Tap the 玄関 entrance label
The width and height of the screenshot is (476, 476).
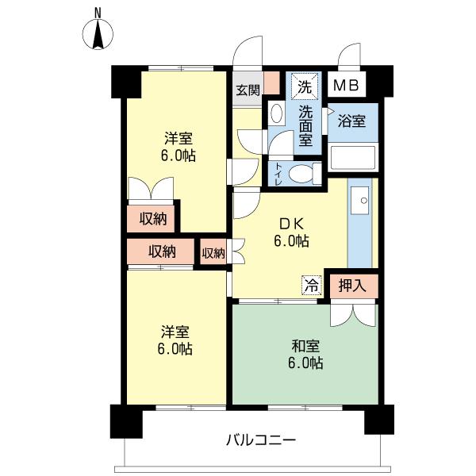point(248,90)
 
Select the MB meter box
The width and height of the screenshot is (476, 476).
point(347,85)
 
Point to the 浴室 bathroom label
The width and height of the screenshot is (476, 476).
point(351,121)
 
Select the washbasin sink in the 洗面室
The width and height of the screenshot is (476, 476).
point(276,113)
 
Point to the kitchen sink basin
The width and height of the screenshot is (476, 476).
point(360,201)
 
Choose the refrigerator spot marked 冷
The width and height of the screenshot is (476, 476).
point(312,286)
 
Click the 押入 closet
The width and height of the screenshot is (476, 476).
point(354,286)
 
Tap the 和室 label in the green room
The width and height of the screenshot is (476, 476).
point(305,346)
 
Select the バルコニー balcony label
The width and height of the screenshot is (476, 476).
point(261,440)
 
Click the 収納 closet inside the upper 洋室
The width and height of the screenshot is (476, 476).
point(152,219)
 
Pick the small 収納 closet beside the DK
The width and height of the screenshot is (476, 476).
point(213,252)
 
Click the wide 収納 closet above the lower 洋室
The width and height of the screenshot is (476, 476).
point(161,251)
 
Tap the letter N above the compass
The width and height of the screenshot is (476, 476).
point(98,12)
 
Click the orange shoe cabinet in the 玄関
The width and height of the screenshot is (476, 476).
point(271,83)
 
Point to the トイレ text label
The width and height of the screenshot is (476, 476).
point(278,174)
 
